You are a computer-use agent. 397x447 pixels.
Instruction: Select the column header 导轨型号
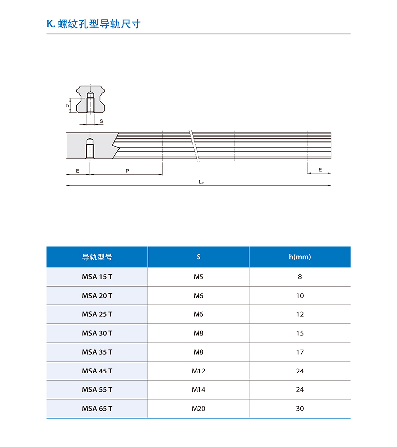tap(97, 257)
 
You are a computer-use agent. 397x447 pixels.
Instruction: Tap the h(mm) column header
tap(300, 257)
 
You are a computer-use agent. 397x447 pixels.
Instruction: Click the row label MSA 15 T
tap(97, 277)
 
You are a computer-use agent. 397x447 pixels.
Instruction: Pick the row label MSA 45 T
tap(97, 371)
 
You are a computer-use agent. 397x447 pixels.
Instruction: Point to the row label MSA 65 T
tap(97, 409)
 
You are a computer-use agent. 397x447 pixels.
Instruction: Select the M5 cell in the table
tap(198, 277)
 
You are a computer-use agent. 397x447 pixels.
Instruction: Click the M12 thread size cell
tap(198, 371)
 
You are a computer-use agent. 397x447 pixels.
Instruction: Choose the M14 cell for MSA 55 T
tap(198, 390)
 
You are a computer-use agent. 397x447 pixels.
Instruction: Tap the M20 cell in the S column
tap(198, 409)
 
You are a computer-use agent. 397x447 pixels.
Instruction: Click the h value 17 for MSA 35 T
tap(300, 352)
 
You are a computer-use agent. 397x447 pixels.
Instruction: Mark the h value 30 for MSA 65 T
tap(300, 409)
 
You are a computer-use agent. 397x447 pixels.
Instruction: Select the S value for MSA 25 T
tap(198, 314)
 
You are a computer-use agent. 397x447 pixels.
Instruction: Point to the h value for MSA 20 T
tap(300, 296)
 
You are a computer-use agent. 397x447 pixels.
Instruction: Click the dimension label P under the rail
tap(127, 171)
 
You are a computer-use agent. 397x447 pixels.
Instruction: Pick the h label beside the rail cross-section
tap(67, 106)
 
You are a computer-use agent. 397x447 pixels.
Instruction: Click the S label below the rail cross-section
tap(101, 121)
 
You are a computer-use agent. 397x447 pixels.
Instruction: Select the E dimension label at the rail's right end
tap(320, 170)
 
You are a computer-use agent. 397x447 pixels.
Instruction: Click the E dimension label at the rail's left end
tap(78, 171)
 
